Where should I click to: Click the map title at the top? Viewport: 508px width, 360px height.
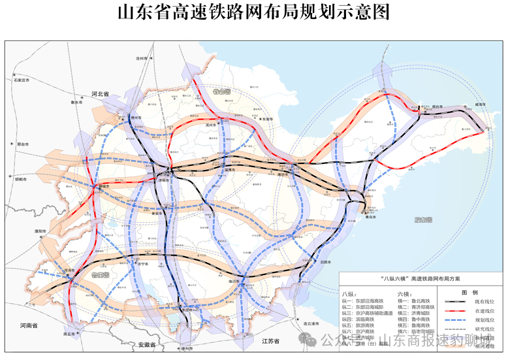[253, 12]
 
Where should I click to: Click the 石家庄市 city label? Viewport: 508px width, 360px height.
[18, 80]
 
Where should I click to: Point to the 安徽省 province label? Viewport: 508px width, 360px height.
[139, 344]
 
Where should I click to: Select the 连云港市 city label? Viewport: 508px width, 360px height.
[309, 323]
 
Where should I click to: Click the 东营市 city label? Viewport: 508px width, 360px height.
[267, 119]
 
